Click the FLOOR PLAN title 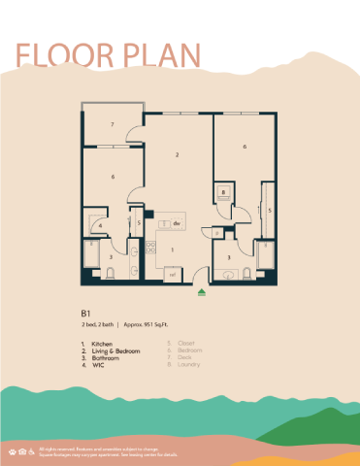(x=108, y=55)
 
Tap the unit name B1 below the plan (x=86, y=314)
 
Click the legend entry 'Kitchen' (x=102, y=344)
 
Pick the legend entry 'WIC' (x=98, y=366)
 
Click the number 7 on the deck (x=114, y=125)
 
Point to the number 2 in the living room (x=177, y=154)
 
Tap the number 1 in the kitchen (x=173, y=250)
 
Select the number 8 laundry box (x=223, y=193)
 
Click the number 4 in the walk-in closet (x=101, y=225)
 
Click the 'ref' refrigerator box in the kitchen (x=173, y=274)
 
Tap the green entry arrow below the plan (x=201, y=288)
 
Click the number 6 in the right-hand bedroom (x=245, y=147)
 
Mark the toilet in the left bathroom (x=110, y=273)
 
